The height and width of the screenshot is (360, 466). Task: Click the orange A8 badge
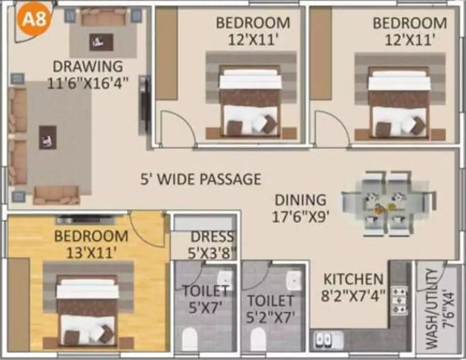[34, 20]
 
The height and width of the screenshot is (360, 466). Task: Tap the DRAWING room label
[88, 66]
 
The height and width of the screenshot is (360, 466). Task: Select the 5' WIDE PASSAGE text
[201, 179]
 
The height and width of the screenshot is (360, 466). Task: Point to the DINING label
[300, 200]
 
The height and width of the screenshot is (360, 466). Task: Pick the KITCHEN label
[353, 279]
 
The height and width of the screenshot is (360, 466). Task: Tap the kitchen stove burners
[399, 300]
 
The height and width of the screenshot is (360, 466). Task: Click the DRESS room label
[212, 237]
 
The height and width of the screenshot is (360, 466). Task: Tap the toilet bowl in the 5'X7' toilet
[190, 338]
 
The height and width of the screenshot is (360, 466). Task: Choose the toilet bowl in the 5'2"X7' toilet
[257, 338]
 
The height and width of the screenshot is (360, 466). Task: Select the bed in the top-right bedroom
[399, 103]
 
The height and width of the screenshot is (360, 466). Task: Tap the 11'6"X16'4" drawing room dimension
[88, 83]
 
